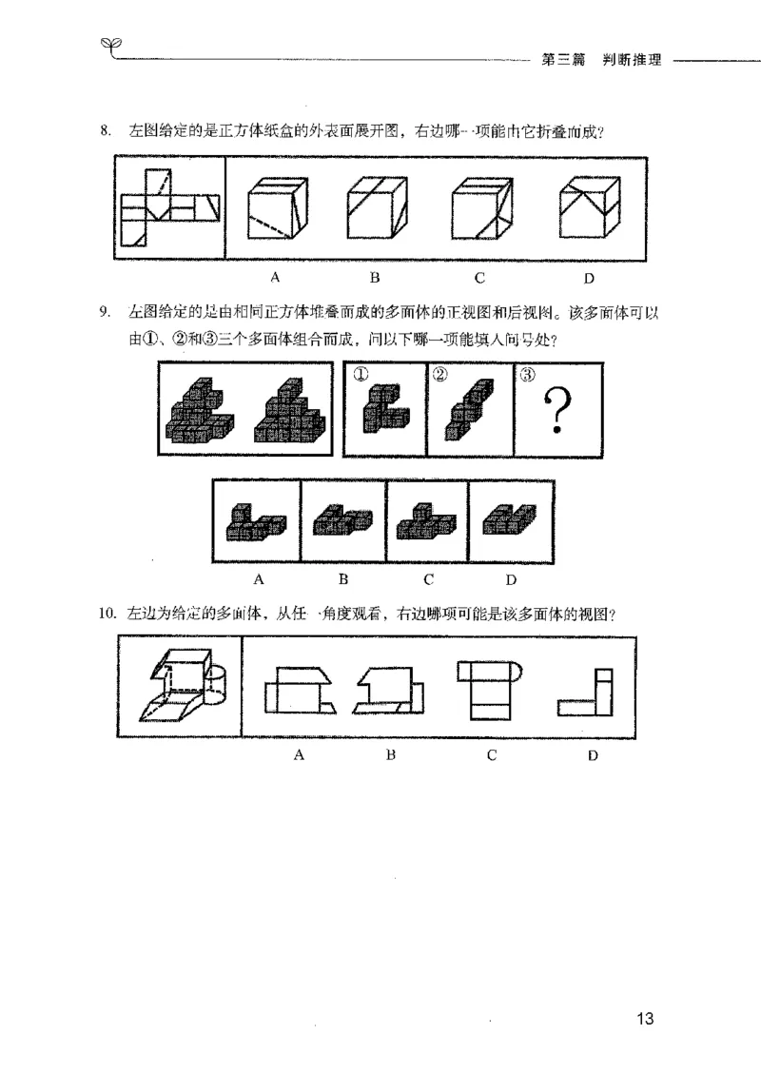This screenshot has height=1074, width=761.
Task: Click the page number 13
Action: pos(644,1020)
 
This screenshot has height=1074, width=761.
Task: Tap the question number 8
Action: pos(106,131)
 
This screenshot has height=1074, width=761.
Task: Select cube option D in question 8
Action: pos(589,210)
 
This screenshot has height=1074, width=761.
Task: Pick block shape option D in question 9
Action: pos(509,520)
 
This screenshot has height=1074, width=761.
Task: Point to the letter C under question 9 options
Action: pos(429,579)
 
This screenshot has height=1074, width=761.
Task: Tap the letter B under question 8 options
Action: pos(376,278)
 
